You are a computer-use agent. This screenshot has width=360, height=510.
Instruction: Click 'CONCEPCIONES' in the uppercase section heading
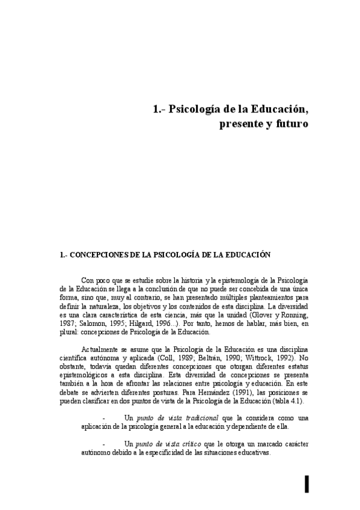pyautogui.click(x=99, y=254)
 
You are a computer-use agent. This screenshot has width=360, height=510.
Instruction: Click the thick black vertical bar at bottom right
pyautogui.click(x=307, y=483)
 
